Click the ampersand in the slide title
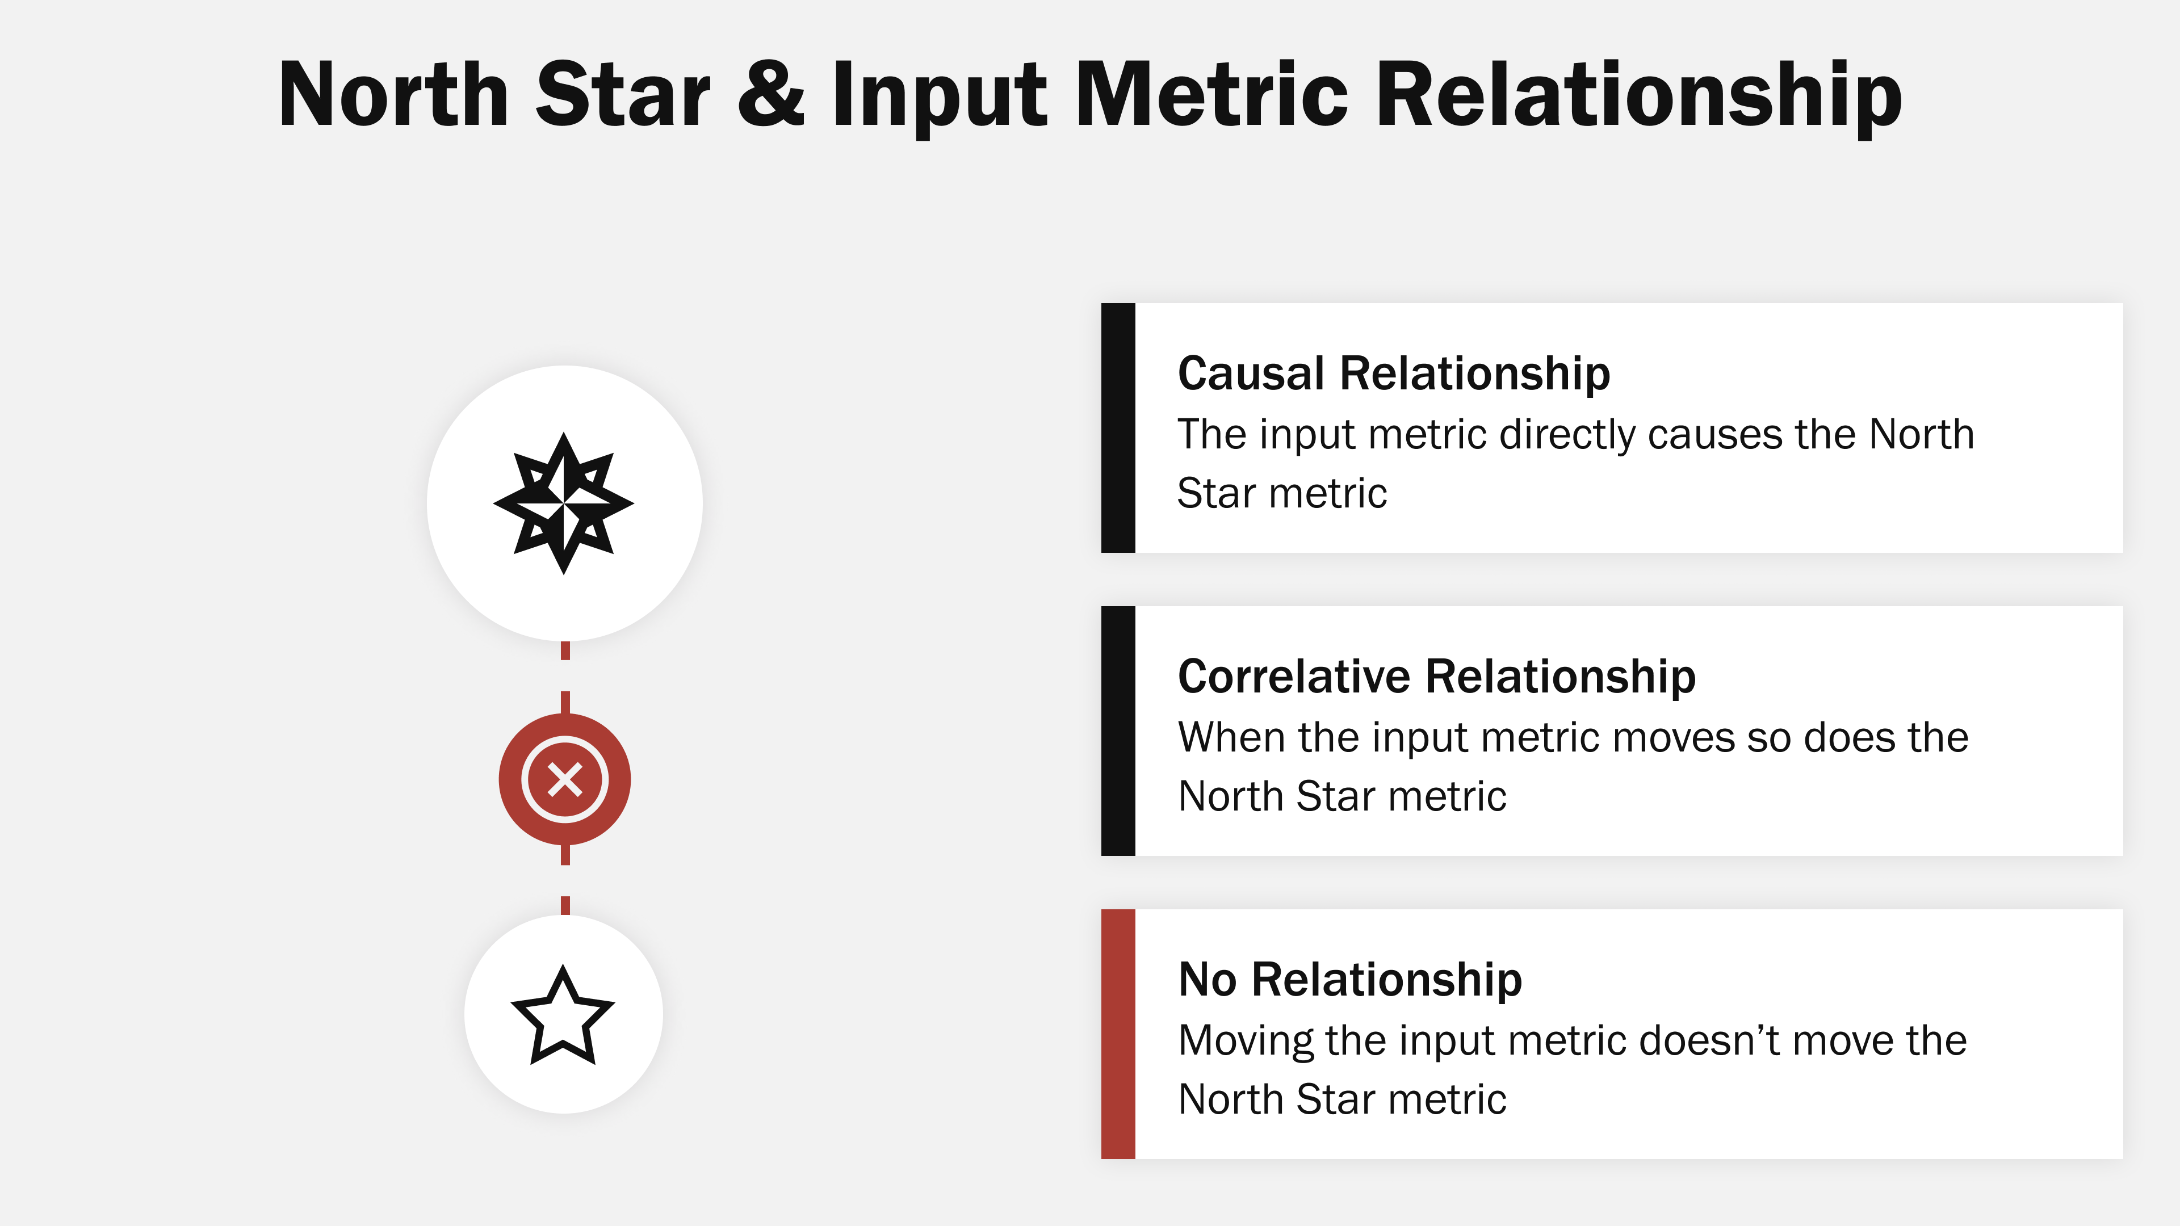tap(771, 95)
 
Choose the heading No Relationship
tap(1350, 979)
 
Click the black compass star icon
tap(564, 503)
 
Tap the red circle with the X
tap(564, 779)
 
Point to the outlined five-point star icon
tap(563, 1015)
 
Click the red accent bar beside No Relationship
tap(1118, 1034)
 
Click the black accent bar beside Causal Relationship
tap(1118, 427)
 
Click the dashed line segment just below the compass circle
tap(565, 650)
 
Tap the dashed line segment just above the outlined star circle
tap(565, 905)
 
